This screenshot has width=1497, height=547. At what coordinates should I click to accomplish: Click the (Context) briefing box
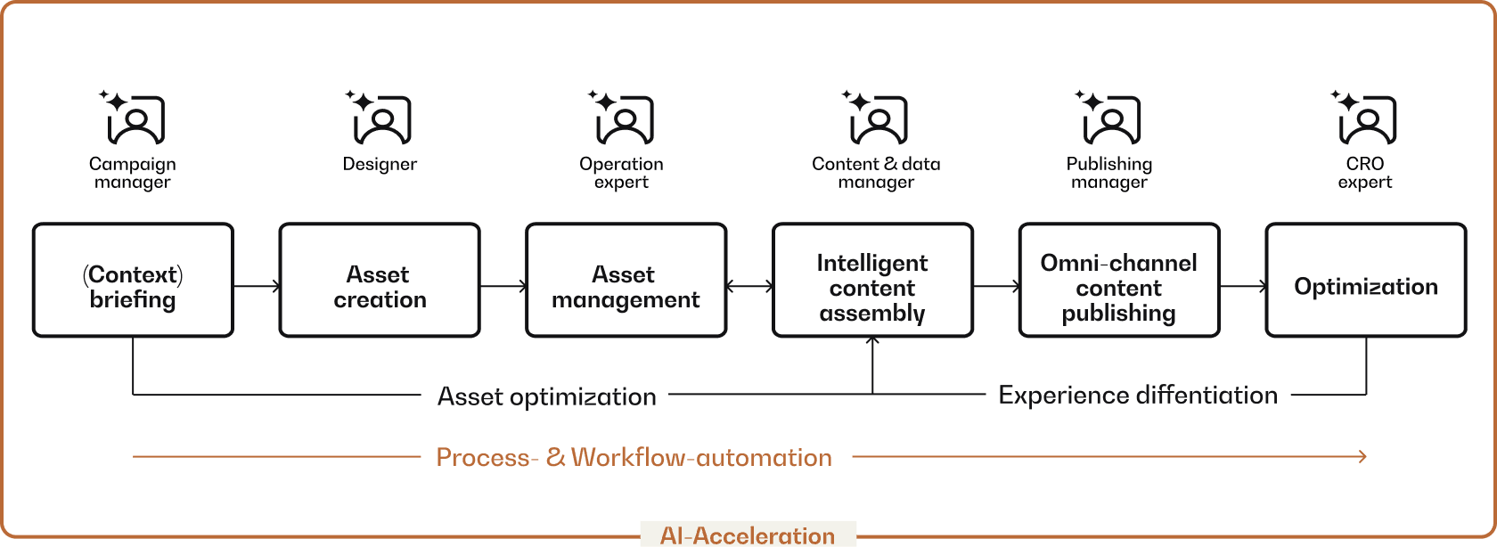pyautogui.click(x=133, y=281)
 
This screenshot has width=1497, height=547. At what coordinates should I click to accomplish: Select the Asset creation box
pyautogui.click(x=380, y=281)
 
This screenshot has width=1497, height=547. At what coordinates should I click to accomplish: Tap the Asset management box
pyautogui.click(x=626, y=281)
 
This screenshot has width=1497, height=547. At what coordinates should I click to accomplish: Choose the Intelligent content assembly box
pyautogui.click(x=872, y=281)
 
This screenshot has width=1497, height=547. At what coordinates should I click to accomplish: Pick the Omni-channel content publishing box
pyautogui.click(x=1118, y=281)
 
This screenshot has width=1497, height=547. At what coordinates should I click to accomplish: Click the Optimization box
pyautogui.click(x=1365, y=281)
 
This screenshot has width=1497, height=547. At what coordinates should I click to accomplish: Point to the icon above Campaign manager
pyautogui.click(x=135, y=118)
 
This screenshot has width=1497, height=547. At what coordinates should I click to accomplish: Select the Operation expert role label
pyautogui.click(x=621, y=173)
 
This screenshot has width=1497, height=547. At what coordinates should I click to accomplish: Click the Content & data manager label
pyautogui.click(x=876, y=173)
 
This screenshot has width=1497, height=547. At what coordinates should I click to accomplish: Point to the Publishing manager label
pyautogui.click(x=1109, y=173)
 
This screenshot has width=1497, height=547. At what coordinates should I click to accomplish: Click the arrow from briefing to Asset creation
pyautogui.click(x=257, y=286)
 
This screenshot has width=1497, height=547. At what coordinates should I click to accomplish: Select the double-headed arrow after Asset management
pyautogui.click(x=749, y=286)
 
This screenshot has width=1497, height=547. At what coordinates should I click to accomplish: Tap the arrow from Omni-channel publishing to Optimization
pyautogui.click(x=1243, y=286)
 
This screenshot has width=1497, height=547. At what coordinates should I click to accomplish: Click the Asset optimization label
pyautogui.click(x=546, y=396)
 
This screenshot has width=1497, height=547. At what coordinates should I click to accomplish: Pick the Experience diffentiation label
pyautogui.click(x=1138, y=395)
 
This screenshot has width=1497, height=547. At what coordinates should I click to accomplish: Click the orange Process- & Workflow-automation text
pyautogui.click(x=634, y=457)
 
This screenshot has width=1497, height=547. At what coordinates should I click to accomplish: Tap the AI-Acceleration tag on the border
pyautogui.click(x=748, y=535)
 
